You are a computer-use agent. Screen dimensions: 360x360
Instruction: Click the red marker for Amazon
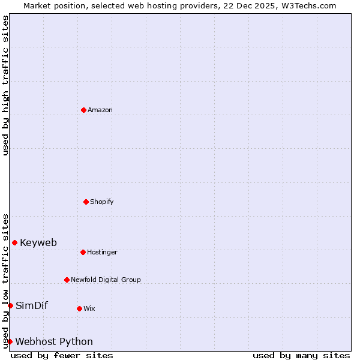click(83, 110)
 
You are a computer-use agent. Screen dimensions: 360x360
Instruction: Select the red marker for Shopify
click(86, 202)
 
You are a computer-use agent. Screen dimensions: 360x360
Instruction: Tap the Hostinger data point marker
click(83, 252)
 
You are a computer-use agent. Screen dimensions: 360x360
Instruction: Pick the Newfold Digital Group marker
click(67, 280)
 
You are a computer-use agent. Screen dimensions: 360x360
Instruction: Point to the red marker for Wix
click(79, 308)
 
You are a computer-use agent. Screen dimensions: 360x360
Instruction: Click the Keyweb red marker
click(14, 242)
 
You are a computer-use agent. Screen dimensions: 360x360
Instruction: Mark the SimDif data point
click(10, 305)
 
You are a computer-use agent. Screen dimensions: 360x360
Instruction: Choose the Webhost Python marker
click(10, 341)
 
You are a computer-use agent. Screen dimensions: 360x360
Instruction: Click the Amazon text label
click(100, 110)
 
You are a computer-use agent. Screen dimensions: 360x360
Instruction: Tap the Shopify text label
click(102, 202)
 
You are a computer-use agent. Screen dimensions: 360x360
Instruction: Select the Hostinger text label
click(102, 252)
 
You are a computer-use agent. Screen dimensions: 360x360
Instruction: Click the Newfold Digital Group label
click(106, 280)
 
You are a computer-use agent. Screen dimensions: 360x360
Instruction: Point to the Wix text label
click(89, 308)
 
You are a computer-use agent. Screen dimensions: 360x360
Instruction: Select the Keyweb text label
click(38, 242)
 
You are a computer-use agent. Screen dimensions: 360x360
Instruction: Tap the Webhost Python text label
click(54, 341)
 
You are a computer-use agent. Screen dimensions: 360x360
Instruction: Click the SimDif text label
click(32, 305)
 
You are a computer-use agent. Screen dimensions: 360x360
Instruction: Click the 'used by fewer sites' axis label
click(62, 355)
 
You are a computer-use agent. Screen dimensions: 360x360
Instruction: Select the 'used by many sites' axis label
click(301, 355)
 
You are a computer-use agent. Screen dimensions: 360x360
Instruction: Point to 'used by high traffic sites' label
click(5, 85)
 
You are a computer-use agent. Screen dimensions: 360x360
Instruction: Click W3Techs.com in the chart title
click(306, 5)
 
